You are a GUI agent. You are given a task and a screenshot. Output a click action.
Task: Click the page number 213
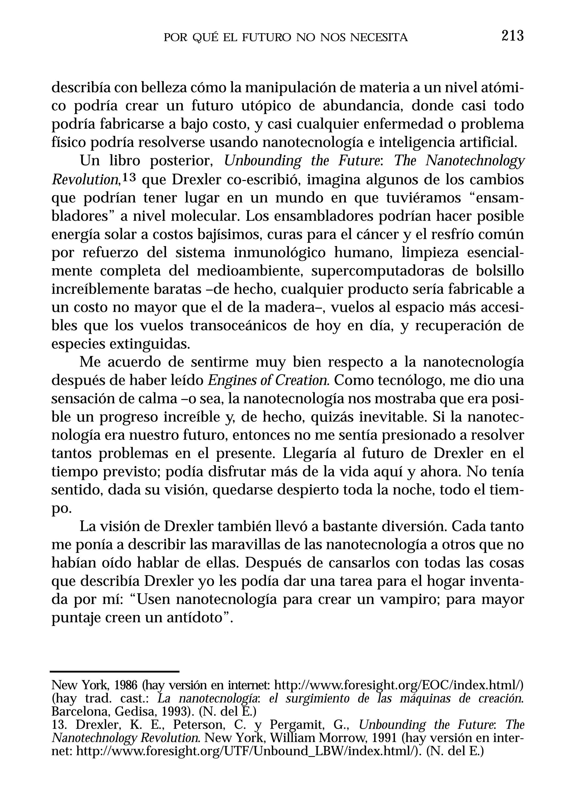[513, 36]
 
